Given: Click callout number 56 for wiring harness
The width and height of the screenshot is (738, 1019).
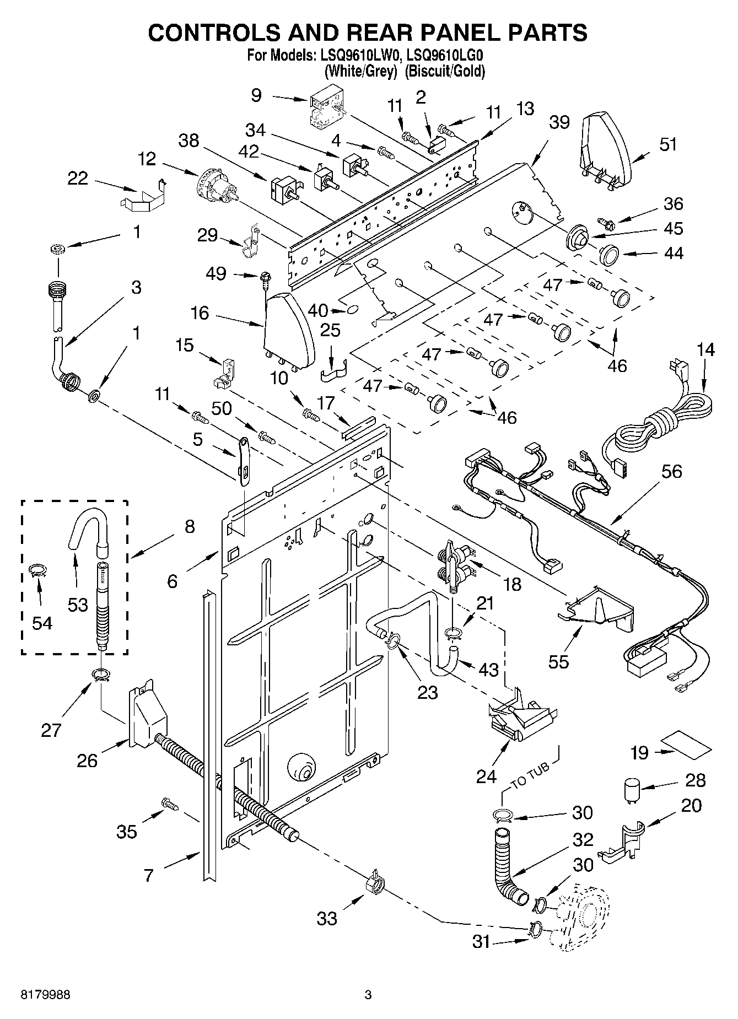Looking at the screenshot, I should click(672, 471).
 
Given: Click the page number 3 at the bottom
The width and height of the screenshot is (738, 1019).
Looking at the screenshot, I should click(368, 995).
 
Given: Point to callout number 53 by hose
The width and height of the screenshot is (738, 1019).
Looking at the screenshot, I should click(78, 605).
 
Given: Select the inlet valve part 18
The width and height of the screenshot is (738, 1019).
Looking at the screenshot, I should click(455, 565).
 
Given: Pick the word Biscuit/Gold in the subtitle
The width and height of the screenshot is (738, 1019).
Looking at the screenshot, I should click(445, 71).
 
